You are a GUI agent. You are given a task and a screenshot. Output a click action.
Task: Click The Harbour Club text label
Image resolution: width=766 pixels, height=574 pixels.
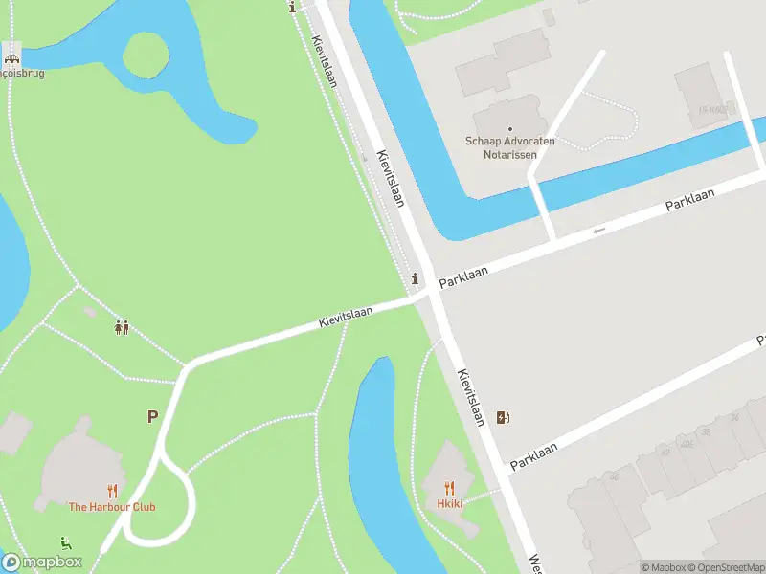coord(111,507)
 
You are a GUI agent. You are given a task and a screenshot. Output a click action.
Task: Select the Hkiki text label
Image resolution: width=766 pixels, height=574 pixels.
coord(450,504)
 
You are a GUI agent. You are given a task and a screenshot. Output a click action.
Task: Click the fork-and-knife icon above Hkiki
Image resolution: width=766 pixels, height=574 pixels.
coord(449,488)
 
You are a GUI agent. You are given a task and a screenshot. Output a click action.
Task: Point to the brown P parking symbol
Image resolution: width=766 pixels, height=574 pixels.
coord(151,417)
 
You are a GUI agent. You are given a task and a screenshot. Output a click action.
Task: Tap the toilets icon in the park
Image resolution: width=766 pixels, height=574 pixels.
coord(122,327)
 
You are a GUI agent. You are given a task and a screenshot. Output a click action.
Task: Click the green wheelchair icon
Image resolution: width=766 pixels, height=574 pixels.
coord(66,542)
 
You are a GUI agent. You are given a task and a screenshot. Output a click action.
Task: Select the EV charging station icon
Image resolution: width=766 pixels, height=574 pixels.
coord(504,417)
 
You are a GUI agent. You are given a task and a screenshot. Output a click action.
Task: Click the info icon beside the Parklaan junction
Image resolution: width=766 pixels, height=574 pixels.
coord(414,279)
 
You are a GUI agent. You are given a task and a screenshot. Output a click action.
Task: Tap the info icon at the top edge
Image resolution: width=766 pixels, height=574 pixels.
coord(292,7)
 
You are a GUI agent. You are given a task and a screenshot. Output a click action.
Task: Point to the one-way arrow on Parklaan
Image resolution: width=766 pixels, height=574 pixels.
coord(599,230)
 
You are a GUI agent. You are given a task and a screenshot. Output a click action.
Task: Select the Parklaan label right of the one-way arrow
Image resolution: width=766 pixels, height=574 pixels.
coord(690,201)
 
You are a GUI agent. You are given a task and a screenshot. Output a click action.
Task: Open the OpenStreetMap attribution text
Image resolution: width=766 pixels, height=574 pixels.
coord(732,567)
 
